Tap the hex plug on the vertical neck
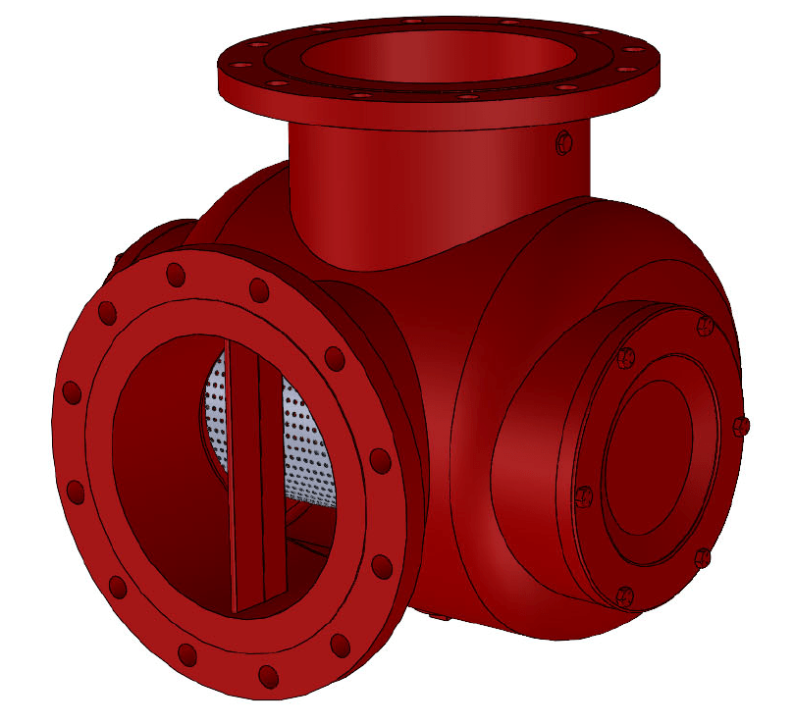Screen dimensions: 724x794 coord(563,143)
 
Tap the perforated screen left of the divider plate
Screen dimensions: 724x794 coord(216,412)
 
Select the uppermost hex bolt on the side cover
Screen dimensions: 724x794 coord(703,325)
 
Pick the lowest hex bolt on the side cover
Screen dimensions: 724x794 coord(625,595)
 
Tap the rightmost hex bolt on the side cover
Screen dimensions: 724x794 coord(741,426)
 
